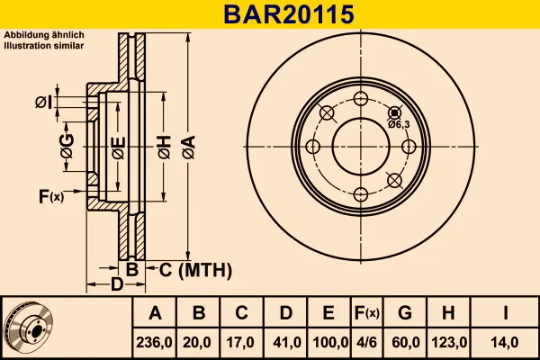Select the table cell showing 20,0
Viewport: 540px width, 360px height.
coord(199,342)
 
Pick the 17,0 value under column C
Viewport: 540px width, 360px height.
coord(242,342)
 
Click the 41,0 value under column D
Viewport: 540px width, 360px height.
coord(285,342)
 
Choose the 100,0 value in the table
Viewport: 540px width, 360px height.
coord(328,342)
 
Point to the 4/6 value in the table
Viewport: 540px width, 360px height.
coord(366,342)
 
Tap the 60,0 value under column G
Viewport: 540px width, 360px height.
coord(405,342)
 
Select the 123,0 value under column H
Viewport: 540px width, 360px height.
coord(449,342)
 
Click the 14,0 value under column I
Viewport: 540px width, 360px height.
coord(507,342)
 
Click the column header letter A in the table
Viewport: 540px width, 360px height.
coord(155,313)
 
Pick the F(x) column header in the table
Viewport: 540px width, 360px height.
coord(366,313)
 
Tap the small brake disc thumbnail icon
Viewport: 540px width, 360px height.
coord(29,328)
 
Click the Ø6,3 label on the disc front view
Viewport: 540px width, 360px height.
coord(399,124)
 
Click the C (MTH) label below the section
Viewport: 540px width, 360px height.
coord(196,269)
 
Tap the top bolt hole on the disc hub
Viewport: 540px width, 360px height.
coord(361,99)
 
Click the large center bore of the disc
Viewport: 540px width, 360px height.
coord(361,147)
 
